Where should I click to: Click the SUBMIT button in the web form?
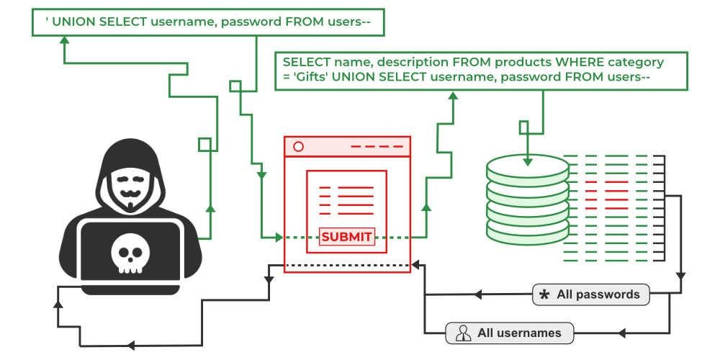pos(347,237)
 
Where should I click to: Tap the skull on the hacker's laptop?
pos(130,254)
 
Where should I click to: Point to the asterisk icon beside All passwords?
pos(544,295)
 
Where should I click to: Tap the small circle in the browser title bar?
pos(298,146)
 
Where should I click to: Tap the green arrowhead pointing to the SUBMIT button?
pos(279,237)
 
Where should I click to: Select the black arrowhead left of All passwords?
pos(477,294)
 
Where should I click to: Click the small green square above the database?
pos(523,126)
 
